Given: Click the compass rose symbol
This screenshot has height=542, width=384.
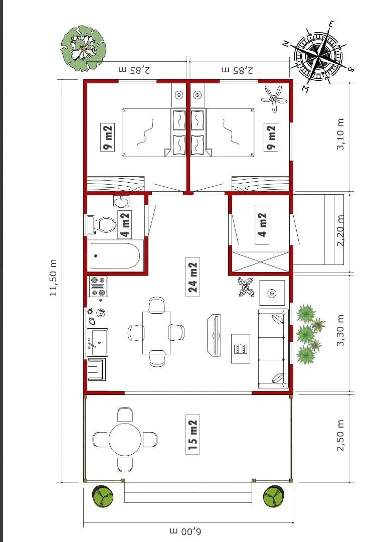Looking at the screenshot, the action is [x=319, y=55].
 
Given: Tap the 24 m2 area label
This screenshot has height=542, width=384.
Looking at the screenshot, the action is [x=193, y=277].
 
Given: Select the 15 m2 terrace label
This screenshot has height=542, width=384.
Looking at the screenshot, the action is [x=193, y=434].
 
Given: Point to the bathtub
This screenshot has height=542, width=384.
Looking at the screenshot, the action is [x=115, y=256].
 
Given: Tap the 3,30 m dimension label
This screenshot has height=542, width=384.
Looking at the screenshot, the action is [x=341, y=330].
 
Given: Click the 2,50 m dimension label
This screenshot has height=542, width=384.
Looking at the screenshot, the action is [x=341, y=435].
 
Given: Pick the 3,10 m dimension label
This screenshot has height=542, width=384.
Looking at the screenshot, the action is [x=341, y=134].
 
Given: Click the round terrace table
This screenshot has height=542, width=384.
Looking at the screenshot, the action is [x=125, y=440].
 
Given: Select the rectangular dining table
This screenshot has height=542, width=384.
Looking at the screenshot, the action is [x=156, y=333].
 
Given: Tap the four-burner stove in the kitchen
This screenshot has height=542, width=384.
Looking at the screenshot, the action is [x=97, y=286].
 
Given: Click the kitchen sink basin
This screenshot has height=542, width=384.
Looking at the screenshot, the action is [x=99, y=342].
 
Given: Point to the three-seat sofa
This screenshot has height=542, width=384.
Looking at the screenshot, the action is [x=273, y=349].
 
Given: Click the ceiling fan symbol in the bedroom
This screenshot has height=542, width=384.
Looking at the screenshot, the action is [x=275, y=99].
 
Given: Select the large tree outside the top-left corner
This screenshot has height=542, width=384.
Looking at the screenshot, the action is [x=83, y=48].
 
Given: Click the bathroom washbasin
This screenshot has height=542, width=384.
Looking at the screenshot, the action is [x=121, y=201].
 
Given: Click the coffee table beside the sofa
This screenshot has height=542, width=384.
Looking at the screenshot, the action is [x=241, y=349].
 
